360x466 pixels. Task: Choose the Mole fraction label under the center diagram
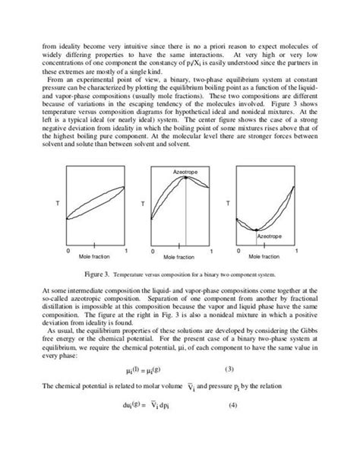(182, 258)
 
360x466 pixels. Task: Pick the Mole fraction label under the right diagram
(268, 258)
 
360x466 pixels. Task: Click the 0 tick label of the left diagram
(69, 250)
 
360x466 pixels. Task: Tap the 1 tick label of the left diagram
(125, 250)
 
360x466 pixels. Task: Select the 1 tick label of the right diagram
(297, 250)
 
